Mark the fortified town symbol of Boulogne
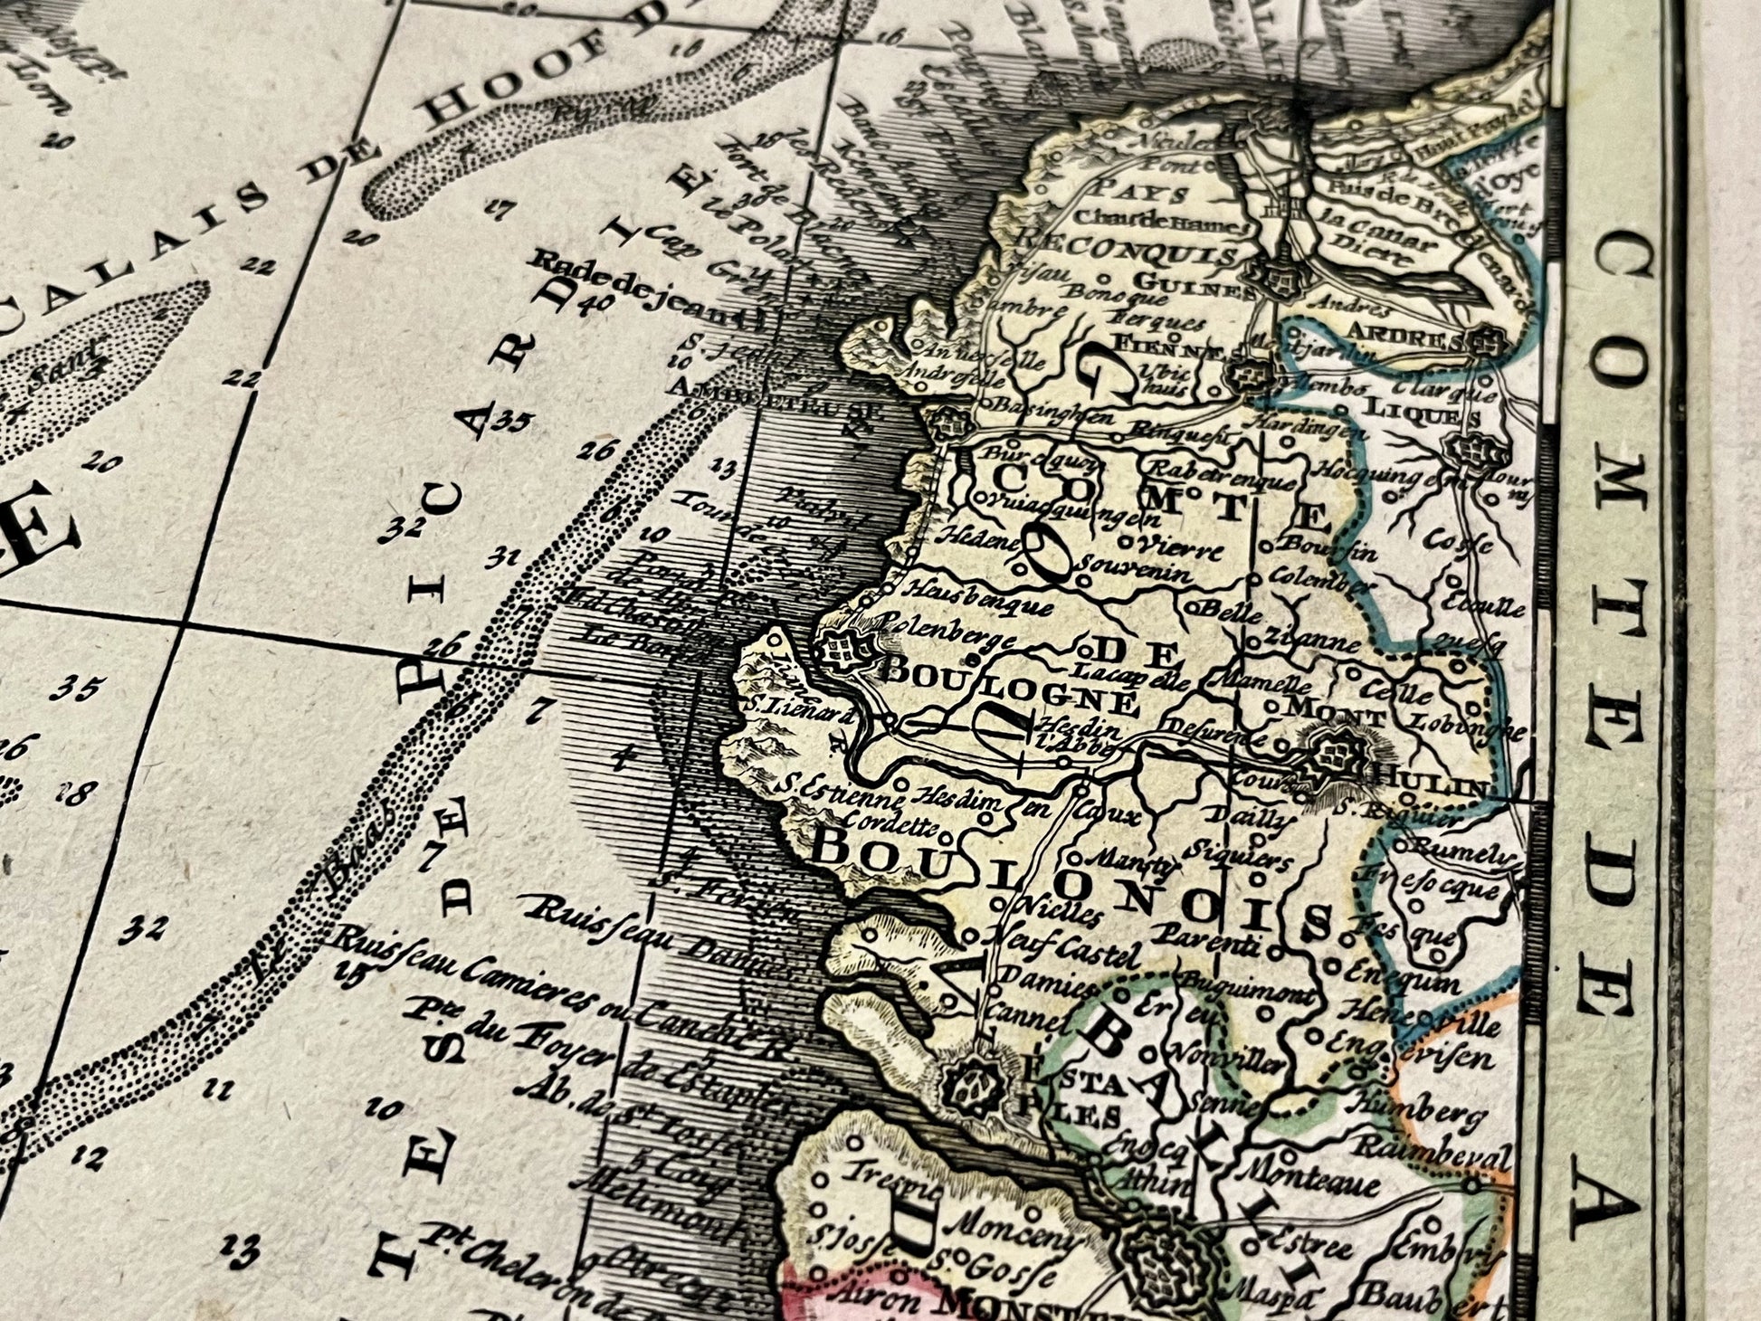(x=845, y=649)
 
